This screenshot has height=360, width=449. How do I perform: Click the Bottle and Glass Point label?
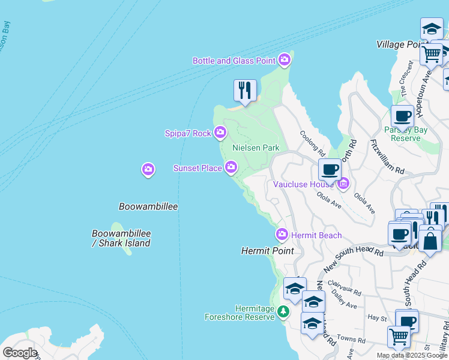click(x=234, y=61)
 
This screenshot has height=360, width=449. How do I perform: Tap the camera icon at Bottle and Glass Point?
click(x=285, y=60)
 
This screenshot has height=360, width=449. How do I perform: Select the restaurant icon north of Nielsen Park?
click(x=245, y=91)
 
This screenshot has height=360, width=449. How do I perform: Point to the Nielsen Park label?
click(x=256, y=148)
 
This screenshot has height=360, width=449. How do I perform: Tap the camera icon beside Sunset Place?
click(x=231, y=168)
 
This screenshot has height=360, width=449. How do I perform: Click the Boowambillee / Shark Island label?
click(x=121, y=238)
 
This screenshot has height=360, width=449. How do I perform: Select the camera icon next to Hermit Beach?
click(x=282, y=235)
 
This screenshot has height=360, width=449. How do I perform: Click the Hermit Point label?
click(x=267, y=251)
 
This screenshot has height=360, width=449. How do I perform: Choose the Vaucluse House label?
click(x=303, y=184)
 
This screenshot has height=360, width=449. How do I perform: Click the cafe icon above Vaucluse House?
click(x=330, y=169)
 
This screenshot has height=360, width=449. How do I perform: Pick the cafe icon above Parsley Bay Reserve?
click(x=402, y=116)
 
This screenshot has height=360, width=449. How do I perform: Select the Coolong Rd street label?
click(x=312, y=145)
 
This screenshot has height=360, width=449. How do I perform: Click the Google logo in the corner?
click(x=20, y=353)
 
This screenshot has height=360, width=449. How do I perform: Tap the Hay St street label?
click(x=377, y=317)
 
